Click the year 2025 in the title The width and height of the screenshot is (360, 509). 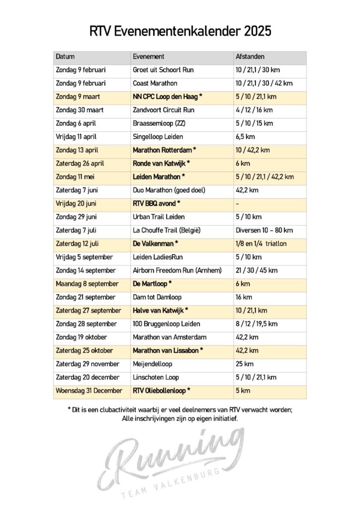coord(258,31)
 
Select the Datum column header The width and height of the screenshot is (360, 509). coord(65,57)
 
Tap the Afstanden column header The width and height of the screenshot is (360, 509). coord(250,57)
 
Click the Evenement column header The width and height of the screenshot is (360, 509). coord(149,57)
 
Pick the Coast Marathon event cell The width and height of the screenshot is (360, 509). coord(155,84)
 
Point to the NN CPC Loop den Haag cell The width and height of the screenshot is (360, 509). coord(168,97)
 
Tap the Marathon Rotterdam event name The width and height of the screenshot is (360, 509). coord(164,150)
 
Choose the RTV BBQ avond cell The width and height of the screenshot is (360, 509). coord(156,204)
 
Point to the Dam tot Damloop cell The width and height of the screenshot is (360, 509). coord(157,297)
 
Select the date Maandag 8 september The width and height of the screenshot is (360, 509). coord(87,284)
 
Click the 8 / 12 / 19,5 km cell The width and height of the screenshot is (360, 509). coord(256,324)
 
